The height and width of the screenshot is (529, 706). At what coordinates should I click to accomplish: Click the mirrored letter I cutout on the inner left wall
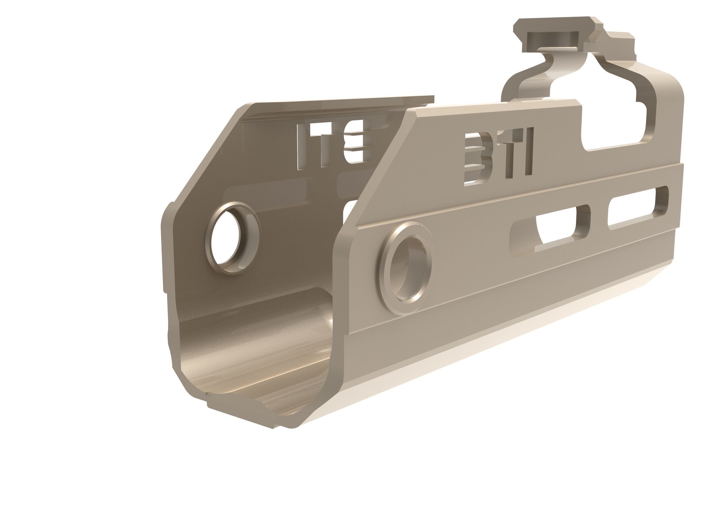tap(301, 147)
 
